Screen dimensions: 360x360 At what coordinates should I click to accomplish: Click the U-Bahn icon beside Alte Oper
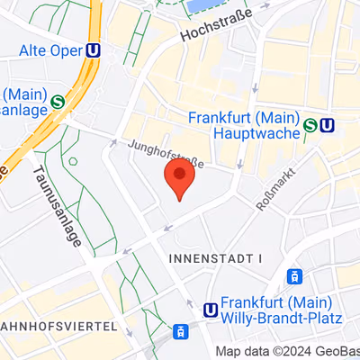pos(93,51)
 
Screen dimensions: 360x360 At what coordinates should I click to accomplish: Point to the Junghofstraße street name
pos(166,152)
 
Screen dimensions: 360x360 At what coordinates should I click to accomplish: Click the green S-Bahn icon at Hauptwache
pos(310,125)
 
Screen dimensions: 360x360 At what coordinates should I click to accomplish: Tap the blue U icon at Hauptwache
pos(328,125)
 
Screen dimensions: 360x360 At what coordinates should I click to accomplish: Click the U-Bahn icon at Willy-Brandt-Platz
pos(211,310)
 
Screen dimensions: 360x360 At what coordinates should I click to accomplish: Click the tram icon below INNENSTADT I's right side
pos(293,276)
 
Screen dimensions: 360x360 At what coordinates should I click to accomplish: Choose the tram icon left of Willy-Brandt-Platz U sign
pos(181,331)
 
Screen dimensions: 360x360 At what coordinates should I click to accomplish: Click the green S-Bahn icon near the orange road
pos(58,102)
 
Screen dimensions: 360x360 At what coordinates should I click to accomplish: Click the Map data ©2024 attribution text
pos(270,352)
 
